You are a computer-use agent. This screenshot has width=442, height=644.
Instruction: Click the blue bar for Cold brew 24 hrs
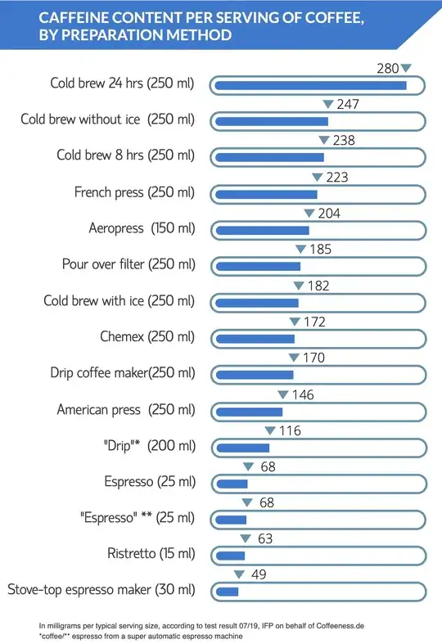point(310,85)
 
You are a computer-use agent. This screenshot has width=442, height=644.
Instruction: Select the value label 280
point(387,69)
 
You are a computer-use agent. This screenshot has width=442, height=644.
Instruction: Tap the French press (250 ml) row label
point(134,193)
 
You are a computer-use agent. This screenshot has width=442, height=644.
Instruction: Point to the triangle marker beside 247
point(328,105)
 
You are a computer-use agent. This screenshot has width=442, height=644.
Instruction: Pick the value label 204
point(328,214)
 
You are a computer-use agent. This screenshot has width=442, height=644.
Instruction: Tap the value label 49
point(258,574)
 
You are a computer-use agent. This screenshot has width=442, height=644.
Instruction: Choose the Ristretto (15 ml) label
point(151,553)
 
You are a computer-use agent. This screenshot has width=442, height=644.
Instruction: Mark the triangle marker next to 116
point(269,430)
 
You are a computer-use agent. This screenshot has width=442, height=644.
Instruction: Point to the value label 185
point(320,250)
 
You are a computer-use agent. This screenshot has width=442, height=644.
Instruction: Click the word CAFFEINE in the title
point(77,17)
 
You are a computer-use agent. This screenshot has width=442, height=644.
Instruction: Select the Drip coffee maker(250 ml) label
point(122,373)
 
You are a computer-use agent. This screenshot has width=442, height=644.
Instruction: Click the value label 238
point(344,141)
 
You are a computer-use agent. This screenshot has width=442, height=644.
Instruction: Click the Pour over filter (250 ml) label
point(129,264)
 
